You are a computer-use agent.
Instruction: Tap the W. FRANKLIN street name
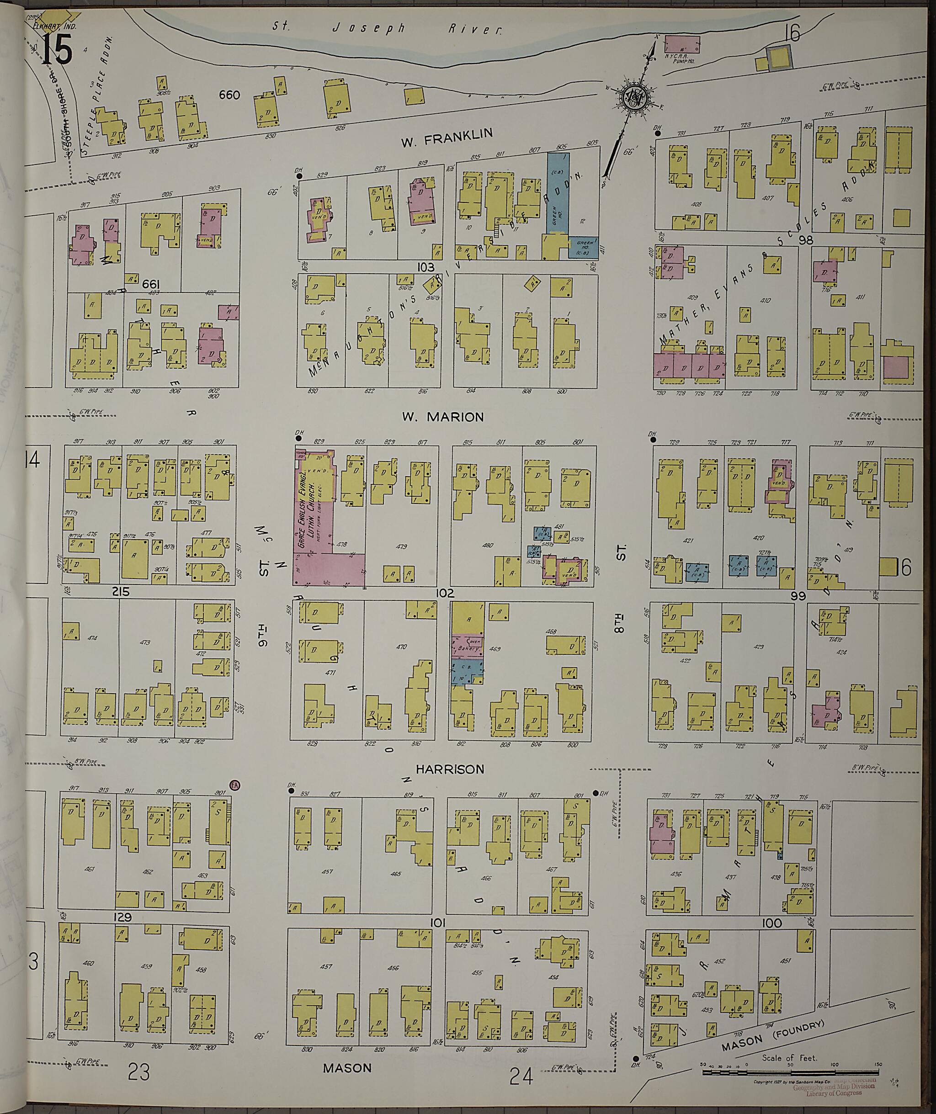pyautogui.click(x=447, y=138)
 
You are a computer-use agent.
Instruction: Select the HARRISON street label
pyautogui.click(x=450, y=769)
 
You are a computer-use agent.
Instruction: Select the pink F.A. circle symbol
pyautogui.click(x=235, y=785)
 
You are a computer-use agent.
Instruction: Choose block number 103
pyautogui.click(x=425, y=267)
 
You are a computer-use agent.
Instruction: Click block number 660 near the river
pyautogui.click(x=229, y=95)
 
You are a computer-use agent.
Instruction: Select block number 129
pyautogui.click(x=122, y=917)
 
